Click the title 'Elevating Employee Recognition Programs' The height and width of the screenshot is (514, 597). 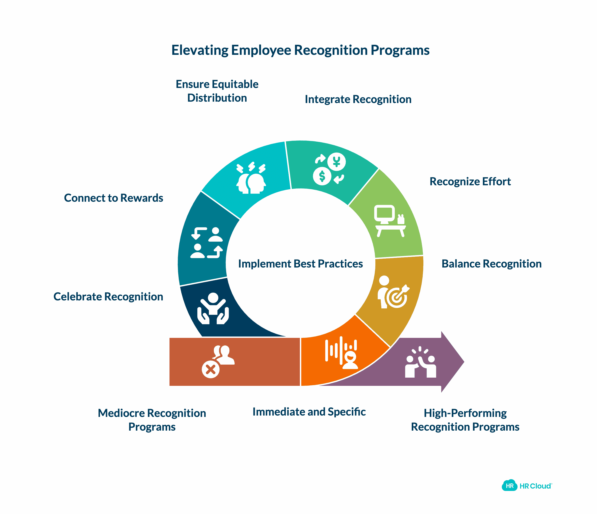[300, 50]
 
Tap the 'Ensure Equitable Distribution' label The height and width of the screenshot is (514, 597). [217, 91]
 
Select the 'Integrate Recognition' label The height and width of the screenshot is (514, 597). [358, 99]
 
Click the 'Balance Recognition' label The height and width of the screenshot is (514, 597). [491, 264]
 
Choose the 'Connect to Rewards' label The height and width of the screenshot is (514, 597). [113, 198]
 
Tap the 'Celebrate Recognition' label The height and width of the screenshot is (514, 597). [108, 297]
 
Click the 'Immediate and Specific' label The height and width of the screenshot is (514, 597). [309, 412]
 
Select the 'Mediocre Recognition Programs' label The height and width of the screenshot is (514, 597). [152, 420]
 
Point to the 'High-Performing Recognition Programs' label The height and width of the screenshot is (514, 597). [465, 420]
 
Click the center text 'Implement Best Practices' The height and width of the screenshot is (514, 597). [300, 264]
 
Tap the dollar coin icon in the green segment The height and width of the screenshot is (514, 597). [322, 176]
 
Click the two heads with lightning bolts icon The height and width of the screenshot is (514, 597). [251, 178]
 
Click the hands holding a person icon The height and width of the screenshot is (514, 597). [213, 309]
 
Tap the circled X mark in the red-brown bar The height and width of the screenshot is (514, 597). [211, 369]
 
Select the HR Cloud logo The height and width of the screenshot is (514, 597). [527, 486]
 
